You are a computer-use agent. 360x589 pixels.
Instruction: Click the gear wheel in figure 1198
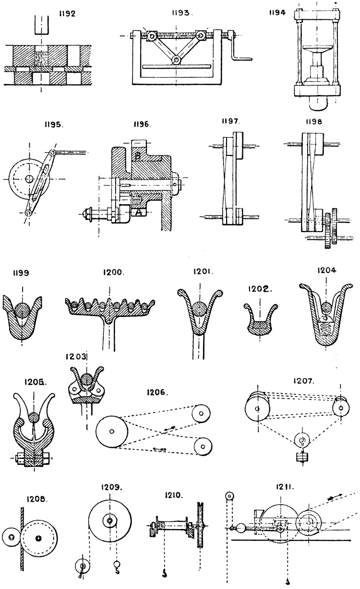328,229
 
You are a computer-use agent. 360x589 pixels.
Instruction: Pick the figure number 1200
113,272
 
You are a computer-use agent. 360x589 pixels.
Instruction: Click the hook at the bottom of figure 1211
287,582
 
